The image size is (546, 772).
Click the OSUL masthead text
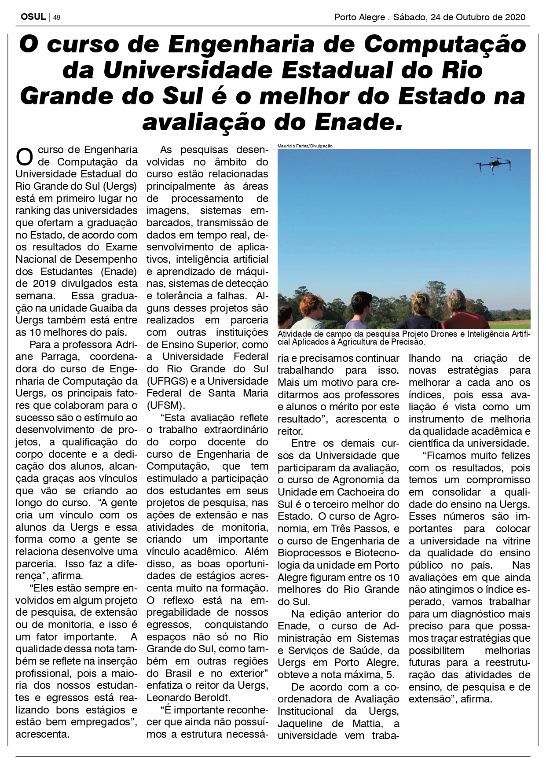point(33,17)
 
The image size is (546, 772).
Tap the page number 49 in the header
point(57,18)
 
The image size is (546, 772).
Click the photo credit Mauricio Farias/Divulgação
point(305,146)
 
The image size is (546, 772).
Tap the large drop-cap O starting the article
point(24,157)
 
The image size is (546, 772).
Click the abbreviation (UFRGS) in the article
point(166,381)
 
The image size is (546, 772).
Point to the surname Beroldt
point(213,698)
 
